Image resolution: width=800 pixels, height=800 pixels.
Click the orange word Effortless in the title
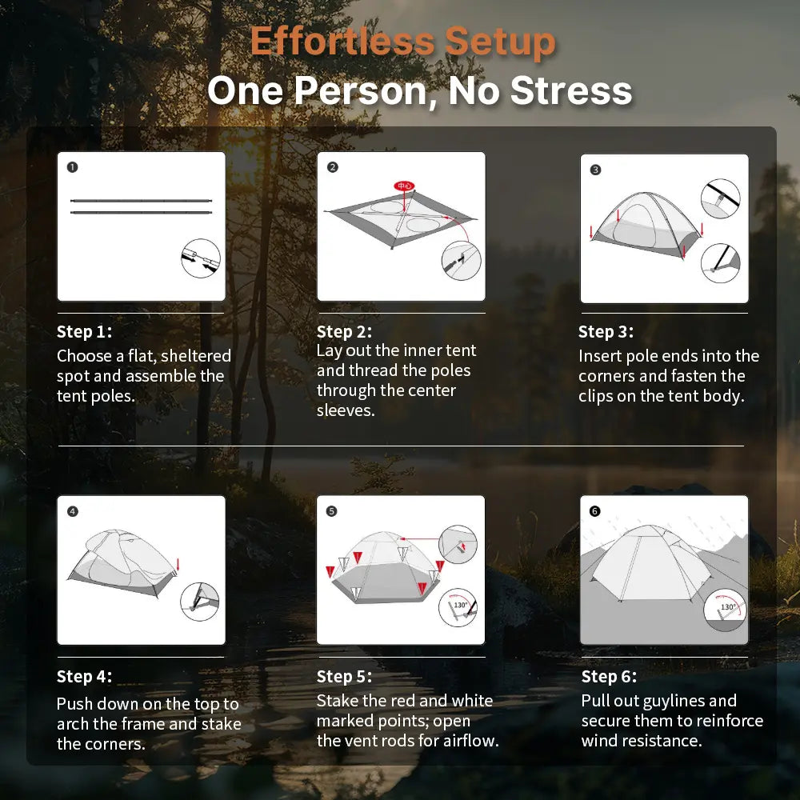pyautogui.click(x=342, y=42)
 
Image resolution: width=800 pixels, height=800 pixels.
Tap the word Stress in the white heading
pyautogui.click(x=571, y=90)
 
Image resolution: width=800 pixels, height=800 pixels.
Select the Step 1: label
pyautogui.click(x=84, y=332)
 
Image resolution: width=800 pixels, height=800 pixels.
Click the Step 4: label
pyautogui.click(x=84, y=677)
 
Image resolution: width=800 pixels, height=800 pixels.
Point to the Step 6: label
pyautogui.click(x=609, y=677)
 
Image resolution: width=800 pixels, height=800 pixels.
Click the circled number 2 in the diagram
pyautogui.click(x=333, y=167)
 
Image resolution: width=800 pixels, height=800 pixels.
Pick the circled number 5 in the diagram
pyautogui.click(x=332, y=511)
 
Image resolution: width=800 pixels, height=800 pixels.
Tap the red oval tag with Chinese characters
pyautogui.click(x=404, y=186)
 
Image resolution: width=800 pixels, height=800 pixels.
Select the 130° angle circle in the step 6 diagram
pyautogui.click(x=725, y=610)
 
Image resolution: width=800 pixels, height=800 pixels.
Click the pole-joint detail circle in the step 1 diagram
pyautogui.click(x=201, y=258)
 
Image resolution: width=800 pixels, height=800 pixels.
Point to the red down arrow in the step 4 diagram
pyautogui.click(x=178, y=565)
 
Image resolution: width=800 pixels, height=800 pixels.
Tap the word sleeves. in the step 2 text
pyautogui.click(x=346, y=410)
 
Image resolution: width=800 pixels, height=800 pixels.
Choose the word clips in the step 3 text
pyautogui.click(x=596, y=397)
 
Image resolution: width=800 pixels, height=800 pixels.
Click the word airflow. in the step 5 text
pyautogui.click(x=470, y=741)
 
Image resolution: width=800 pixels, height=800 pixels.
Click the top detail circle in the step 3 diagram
pyautogui.click(x=721, y=198)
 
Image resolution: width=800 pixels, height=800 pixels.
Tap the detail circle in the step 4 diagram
pyautogui.click(x=200, y=602)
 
